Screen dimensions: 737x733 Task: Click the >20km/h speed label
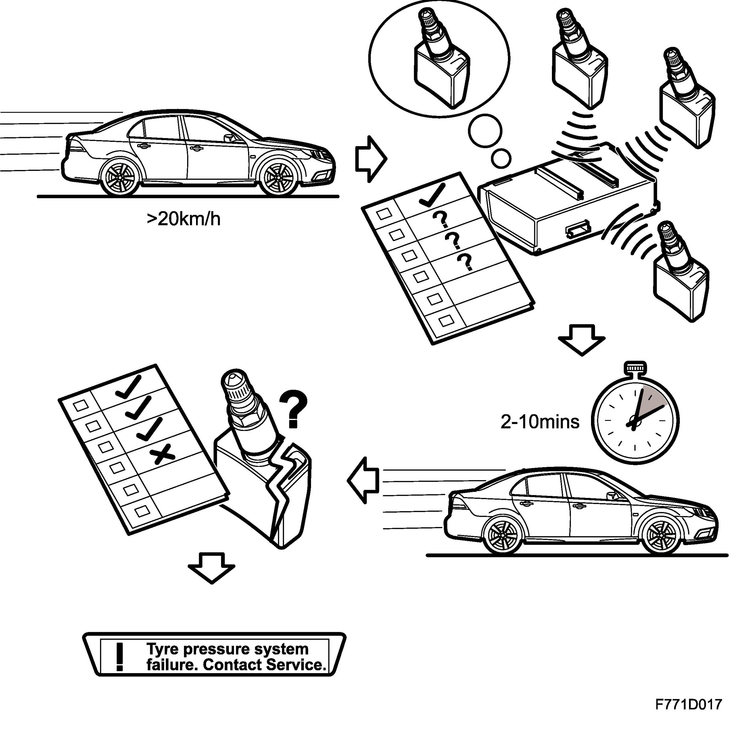click(183, 219)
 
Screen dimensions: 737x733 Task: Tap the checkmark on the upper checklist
click(432, 195)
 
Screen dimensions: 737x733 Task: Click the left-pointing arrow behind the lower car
click(363, 480)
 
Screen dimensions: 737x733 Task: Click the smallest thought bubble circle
click(501, 158)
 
